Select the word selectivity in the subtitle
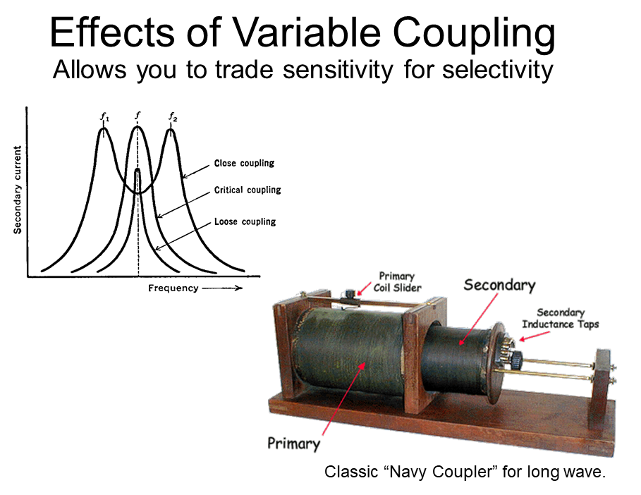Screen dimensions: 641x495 [498, 70]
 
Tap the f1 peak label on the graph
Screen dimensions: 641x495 [104, 118]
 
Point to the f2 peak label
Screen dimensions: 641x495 [173, 117]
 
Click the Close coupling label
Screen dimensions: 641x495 [244, 163]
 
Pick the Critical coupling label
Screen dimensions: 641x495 [248, 190]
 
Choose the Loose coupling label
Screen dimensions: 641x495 [245, 221]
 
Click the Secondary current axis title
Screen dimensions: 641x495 [17, 190]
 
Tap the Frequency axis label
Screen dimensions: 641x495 [173, 288]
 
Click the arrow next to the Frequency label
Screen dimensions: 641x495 [222, 288]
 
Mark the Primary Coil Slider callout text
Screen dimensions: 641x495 [397, 282]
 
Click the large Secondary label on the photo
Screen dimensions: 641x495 [499, 285]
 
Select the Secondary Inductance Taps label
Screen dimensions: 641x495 [560, 319]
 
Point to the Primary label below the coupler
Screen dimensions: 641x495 [293, 444]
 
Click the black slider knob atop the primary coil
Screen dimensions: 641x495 [350, 294]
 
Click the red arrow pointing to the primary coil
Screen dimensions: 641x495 [343, 398]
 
